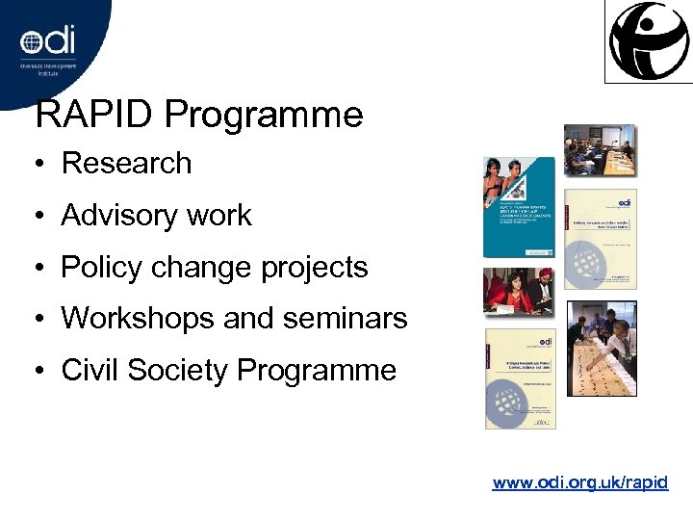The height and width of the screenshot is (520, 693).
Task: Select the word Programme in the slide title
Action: pos(264,116)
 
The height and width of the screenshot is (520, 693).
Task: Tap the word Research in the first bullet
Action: pos(126,164)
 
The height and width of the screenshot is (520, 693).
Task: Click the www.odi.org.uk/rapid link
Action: pos(579,482)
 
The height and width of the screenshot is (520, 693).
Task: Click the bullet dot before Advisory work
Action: pos(42,216)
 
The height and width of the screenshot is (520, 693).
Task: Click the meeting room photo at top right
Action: pos(600,150)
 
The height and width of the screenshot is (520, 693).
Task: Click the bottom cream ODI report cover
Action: pos(520,378)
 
